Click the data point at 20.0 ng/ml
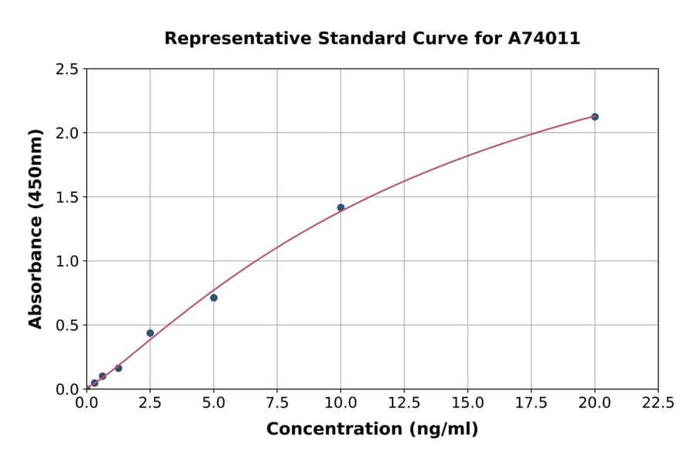click(x=594, y=116)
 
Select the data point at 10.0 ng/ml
click(x=340, y=207)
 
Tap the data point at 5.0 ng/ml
click(x=213, y=298)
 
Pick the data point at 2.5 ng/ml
click(x=150, y=333)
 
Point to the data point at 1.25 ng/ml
click(x=119, y=368)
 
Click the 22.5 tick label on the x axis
click(x=658, y=403)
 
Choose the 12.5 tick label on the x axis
click(x=404, y=403)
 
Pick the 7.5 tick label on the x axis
click(x=277, y=403)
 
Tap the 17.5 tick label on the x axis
click(x=531, y=403)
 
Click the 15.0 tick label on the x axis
click(x=467, y=403)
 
